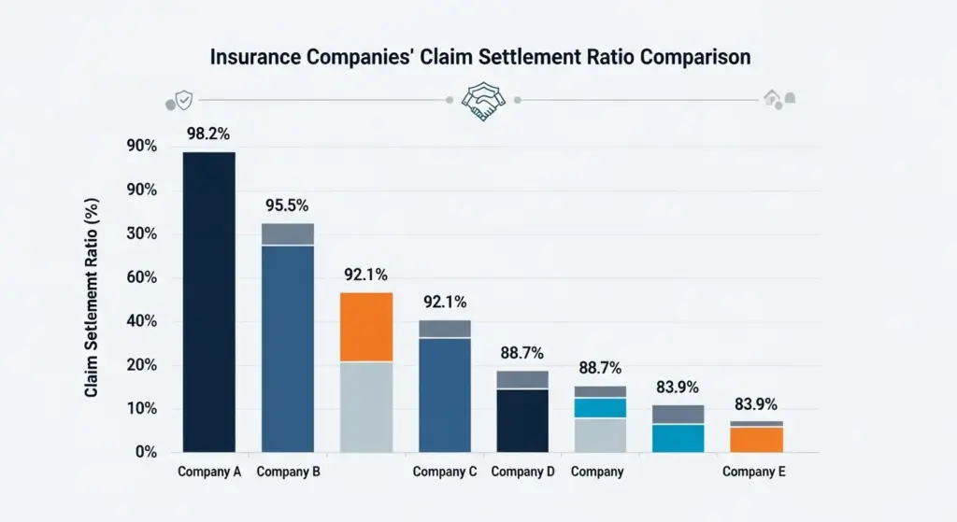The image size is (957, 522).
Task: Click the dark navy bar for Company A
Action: click(208, 302)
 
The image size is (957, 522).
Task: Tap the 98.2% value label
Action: click(208, 134)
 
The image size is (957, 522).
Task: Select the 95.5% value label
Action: click(287, 205)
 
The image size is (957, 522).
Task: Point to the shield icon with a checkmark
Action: click(185, 100)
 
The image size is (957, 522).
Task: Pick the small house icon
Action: click(773, 97)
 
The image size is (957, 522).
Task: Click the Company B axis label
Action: click(288, 472)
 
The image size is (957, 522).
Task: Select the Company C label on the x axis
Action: click(445, 472)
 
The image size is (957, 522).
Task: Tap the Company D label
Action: click(522, 472)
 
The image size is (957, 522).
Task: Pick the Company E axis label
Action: click(753, 472)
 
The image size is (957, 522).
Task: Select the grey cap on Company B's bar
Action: click(287, 233)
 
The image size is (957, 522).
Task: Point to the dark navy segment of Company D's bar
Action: click(522, 420)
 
